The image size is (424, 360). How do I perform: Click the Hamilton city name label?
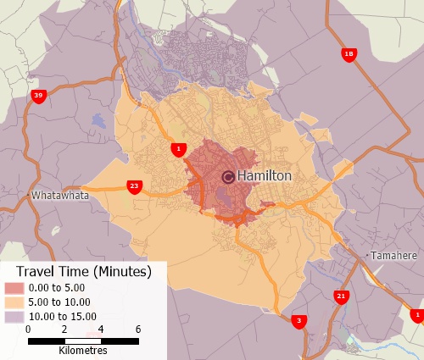265,175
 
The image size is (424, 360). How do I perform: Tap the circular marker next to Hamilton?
228,176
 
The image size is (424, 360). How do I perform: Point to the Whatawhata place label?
60,195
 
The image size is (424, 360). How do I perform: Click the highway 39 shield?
38,97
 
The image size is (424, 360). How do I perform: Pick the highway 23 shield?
134,186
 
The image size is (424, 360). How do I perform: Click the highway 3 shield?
298,321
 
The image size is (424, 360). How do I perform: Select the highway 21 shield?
341,296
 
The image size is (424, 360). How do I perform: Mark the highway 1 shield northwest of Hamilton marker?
177,150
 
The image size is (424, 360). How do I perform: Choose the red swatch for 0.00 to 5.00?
14,288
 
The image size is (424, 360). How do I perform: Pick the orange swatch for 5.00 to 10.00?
14,302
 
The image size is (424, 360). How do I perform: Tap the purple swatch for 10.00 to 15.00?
14,315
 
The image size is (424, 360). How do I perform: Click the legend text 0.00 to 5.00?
57,288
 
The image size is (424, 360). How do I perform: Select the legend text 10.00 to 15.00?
60,315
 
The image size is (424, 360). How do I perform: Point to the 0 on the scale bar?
28,329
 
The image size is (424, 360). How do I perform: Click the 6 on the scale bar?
137,329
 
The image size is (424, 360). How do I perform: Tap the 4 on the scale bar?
101,329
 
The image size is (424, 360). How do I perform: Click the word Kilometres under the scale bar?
82,350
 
